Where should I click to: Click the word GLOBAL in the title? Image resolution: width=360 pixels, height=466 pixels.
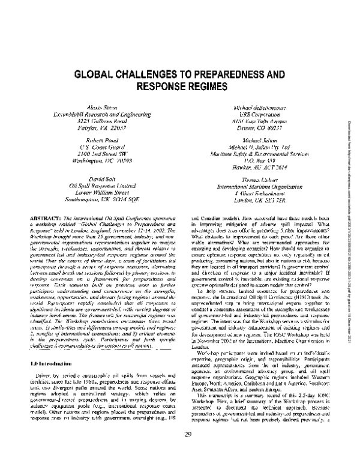(95, 77)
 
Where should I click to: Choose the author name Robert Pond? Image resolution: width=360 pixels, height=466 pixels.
(88, 139)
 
